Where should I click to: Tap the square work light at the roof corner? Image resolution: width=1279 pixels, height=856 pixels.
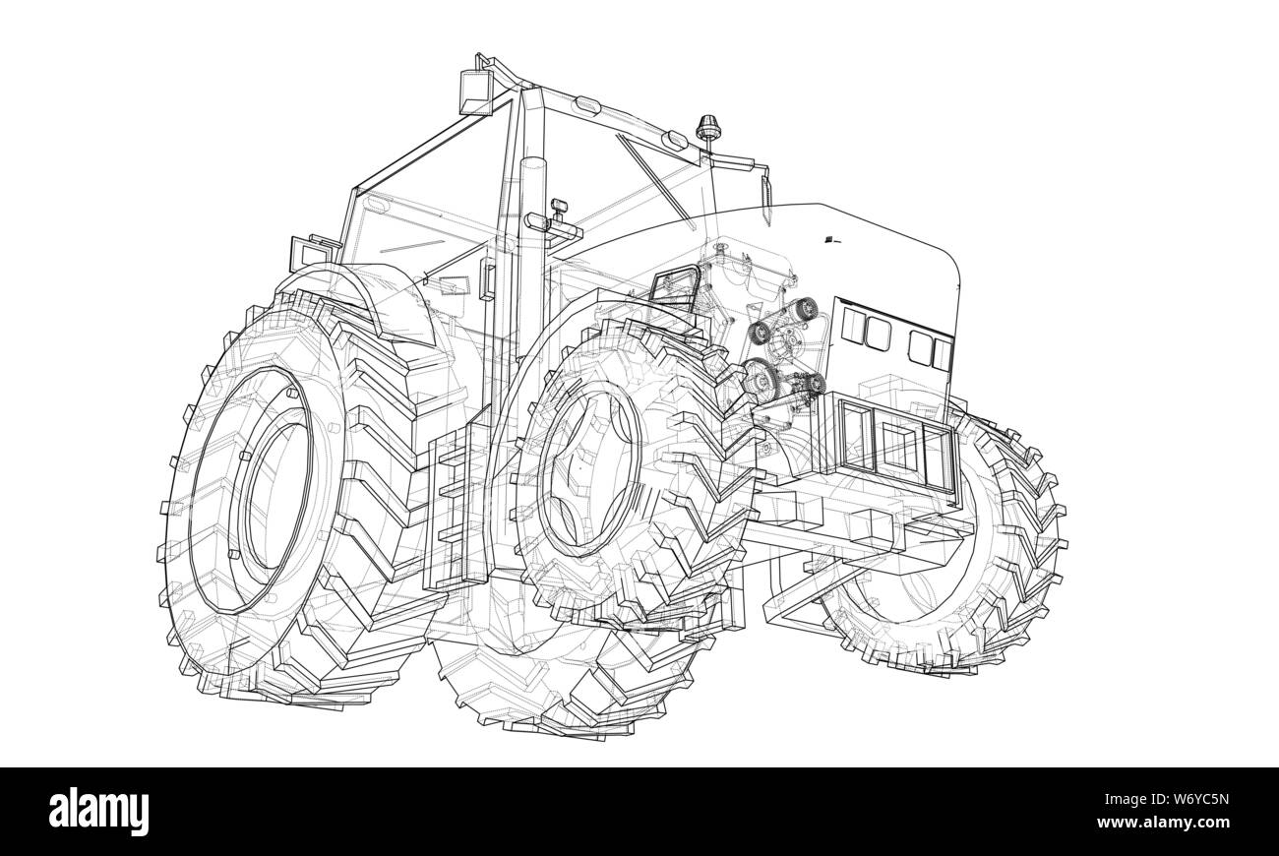pyautogui.click(x=476, y=92)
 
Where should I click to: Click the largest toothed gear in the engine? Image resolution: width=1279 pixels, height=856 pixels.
pyautogui.click(x=759, y=378)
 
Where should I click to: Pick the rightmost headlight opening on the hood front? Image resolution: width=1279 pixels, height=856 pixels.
pyautogui.click(x=943, y=351)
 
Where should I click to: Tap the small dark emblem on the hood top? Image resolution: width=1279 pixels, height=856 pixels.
pyautogui.click(x=830, y=238)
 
